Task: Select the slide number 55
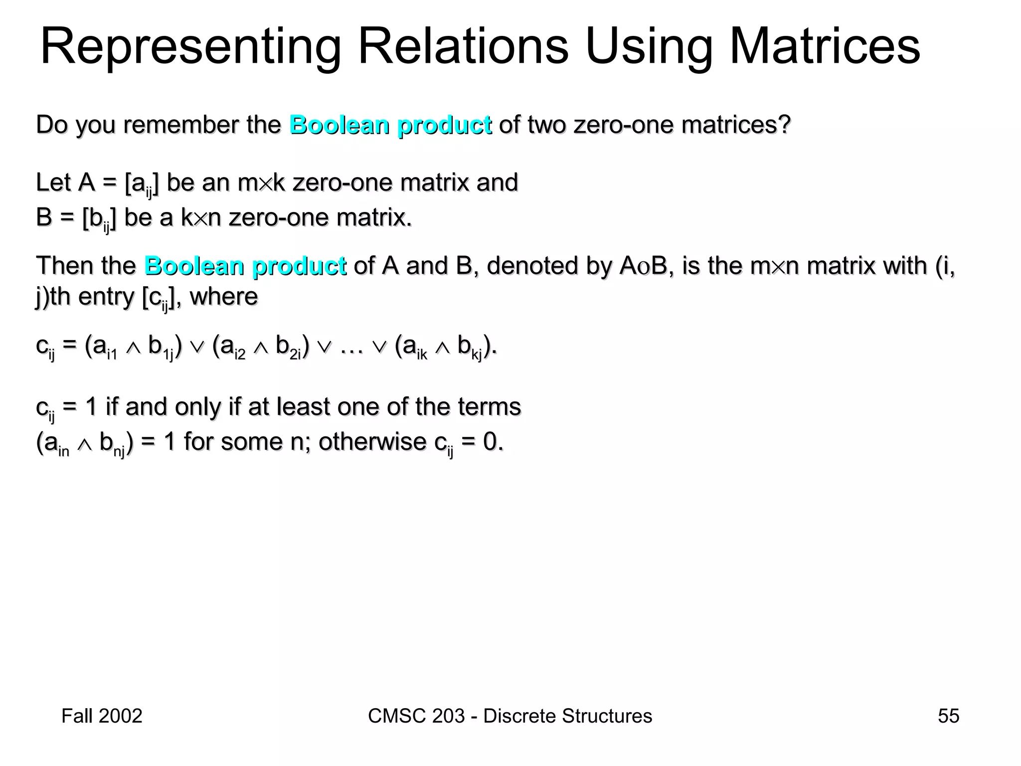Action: (948, 716)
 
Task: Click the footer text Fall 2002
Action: (102, 716)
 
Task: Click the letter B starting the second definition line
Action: (44, 217)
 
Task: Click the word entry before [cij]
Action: (106, 297)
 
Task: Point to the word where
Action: (224, 297)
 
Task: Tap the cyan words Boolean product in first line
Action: (390, 125)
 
